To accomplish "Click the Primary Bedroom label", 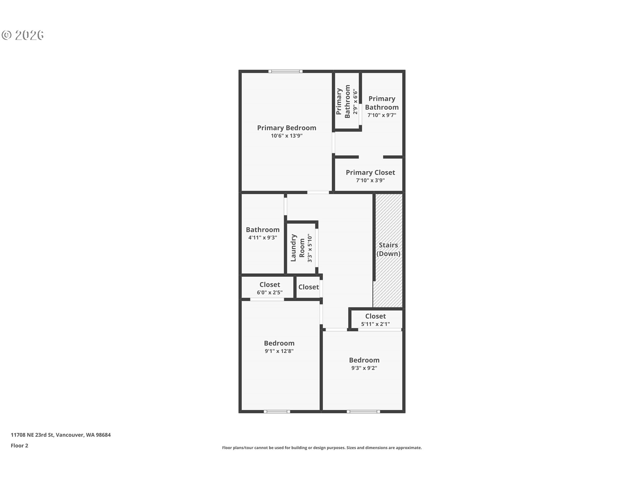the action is (286, 128).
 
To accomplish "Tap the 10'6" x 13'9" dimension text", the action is (287, 136).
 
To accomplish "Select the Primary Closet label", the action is (370, 172).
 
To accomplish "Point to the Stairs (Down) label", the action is (388, 249).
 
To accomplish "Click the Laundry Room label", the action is (298, 248).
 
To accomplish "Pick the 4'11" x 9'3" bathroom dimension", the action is (263, 237).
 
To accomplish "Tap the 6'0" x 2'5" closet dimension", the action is (270, 292).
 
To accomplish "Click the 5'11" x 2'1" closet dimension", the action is (375, 324).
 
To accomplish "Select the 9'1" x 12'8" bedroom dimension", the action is (279, 351).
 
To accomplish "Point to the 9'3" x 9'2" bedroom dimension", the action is (364, 368).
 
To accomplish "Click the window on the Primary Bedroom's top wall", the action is (285, 71).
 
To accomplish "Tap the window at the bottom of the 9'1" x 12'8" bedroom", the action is (277, 412).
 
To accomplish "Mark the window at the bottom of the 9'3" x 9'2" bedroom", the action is (364, 412).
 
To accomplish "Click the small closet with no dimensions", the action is (309, 287).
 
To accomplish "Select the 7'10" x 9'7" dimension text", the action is (382, 115).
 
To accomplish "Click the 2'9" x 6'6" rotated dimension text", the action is (355, 102).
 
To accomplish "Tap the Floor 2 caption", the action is (19, 445).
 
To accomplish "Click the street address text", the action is (61, 435).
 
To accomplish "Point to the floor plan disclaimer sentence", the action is (322, 448).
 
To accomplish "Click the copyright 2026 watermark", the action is (23, 35).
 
